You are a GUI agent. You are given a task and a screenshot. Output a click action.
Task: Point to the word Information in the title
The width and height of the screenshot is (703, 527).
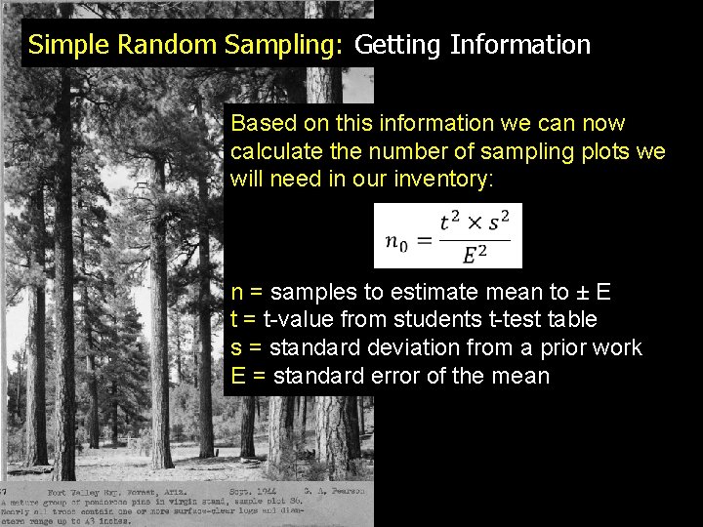520,45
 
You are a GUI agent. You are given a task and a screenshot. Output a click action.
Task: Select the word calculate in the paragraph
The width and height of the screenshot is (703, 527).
274,152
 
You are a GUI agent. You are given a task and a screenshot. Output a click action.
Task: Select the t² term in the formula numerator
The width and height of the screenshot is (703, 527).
450,222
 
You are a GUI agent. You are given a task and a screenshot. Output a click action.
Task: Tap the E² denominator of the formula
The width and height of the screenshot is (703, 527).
475,255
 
